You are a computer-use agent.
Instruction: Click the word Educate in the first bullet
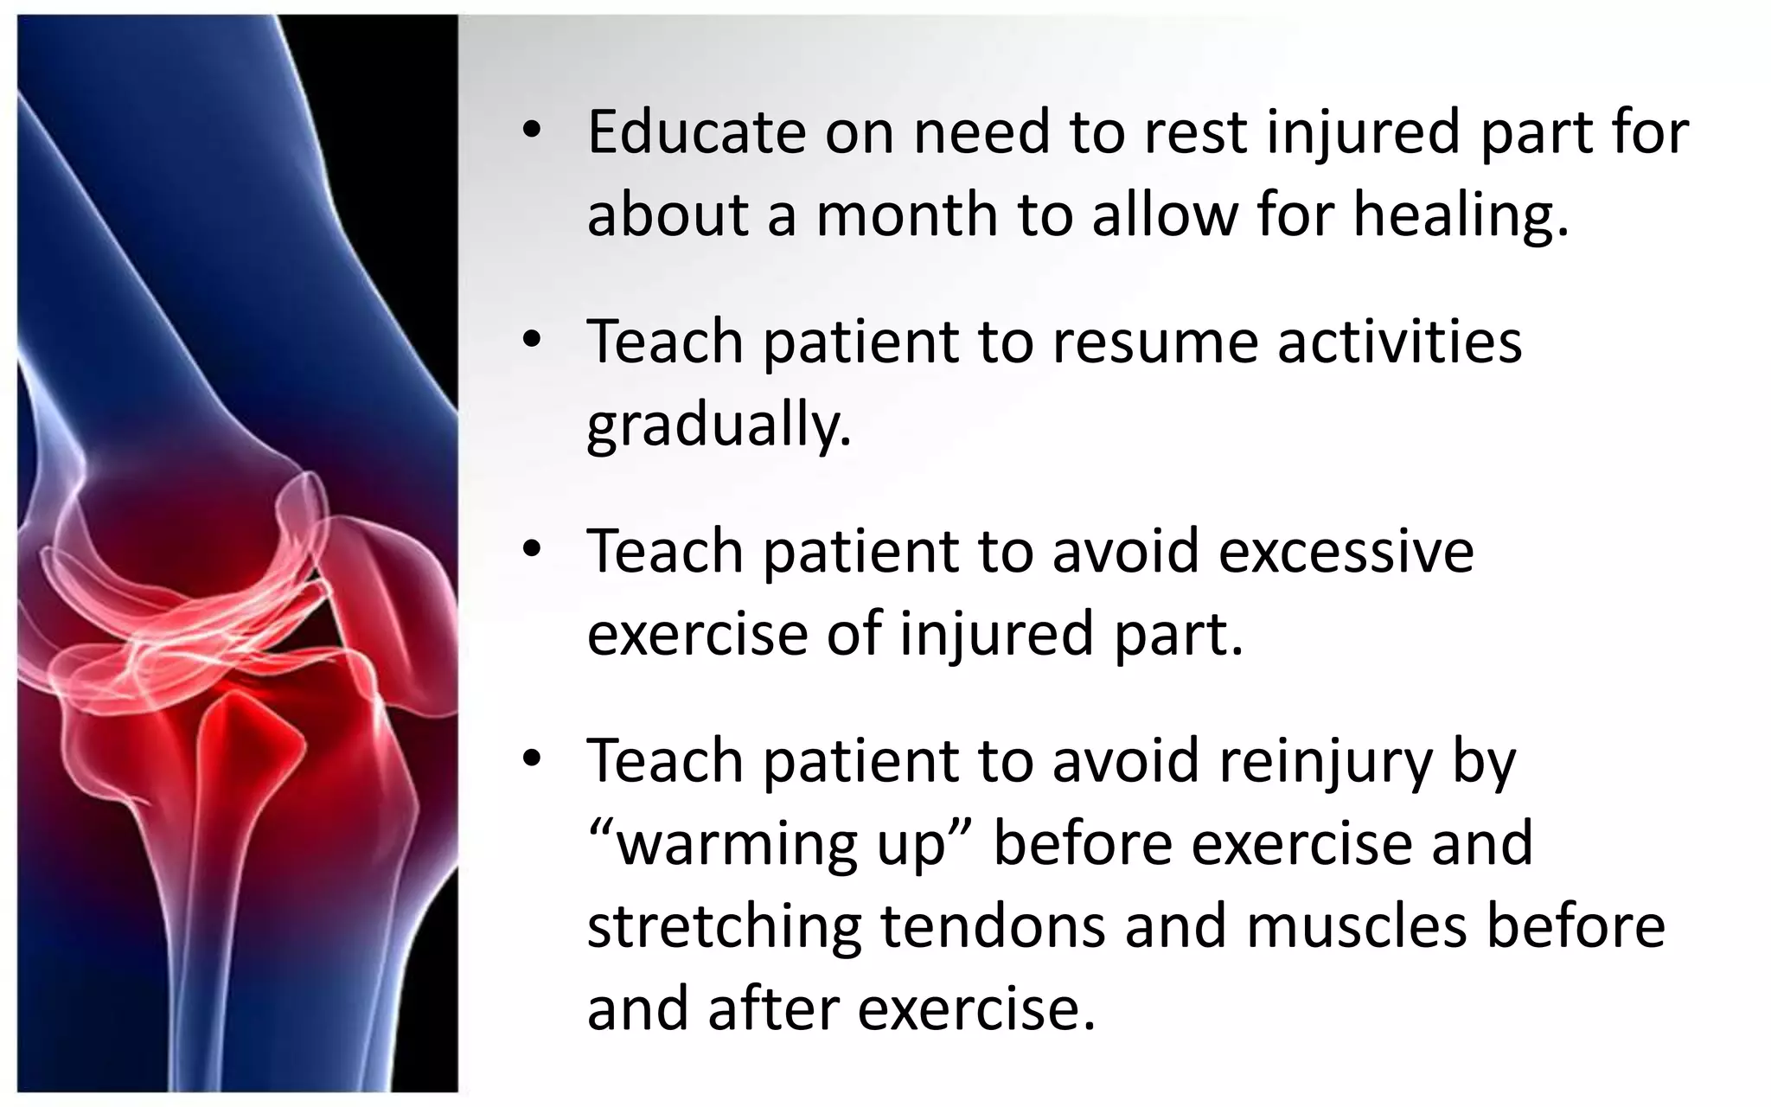[696, 132]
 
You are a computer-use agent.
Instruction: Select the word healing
[1461, 214]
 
